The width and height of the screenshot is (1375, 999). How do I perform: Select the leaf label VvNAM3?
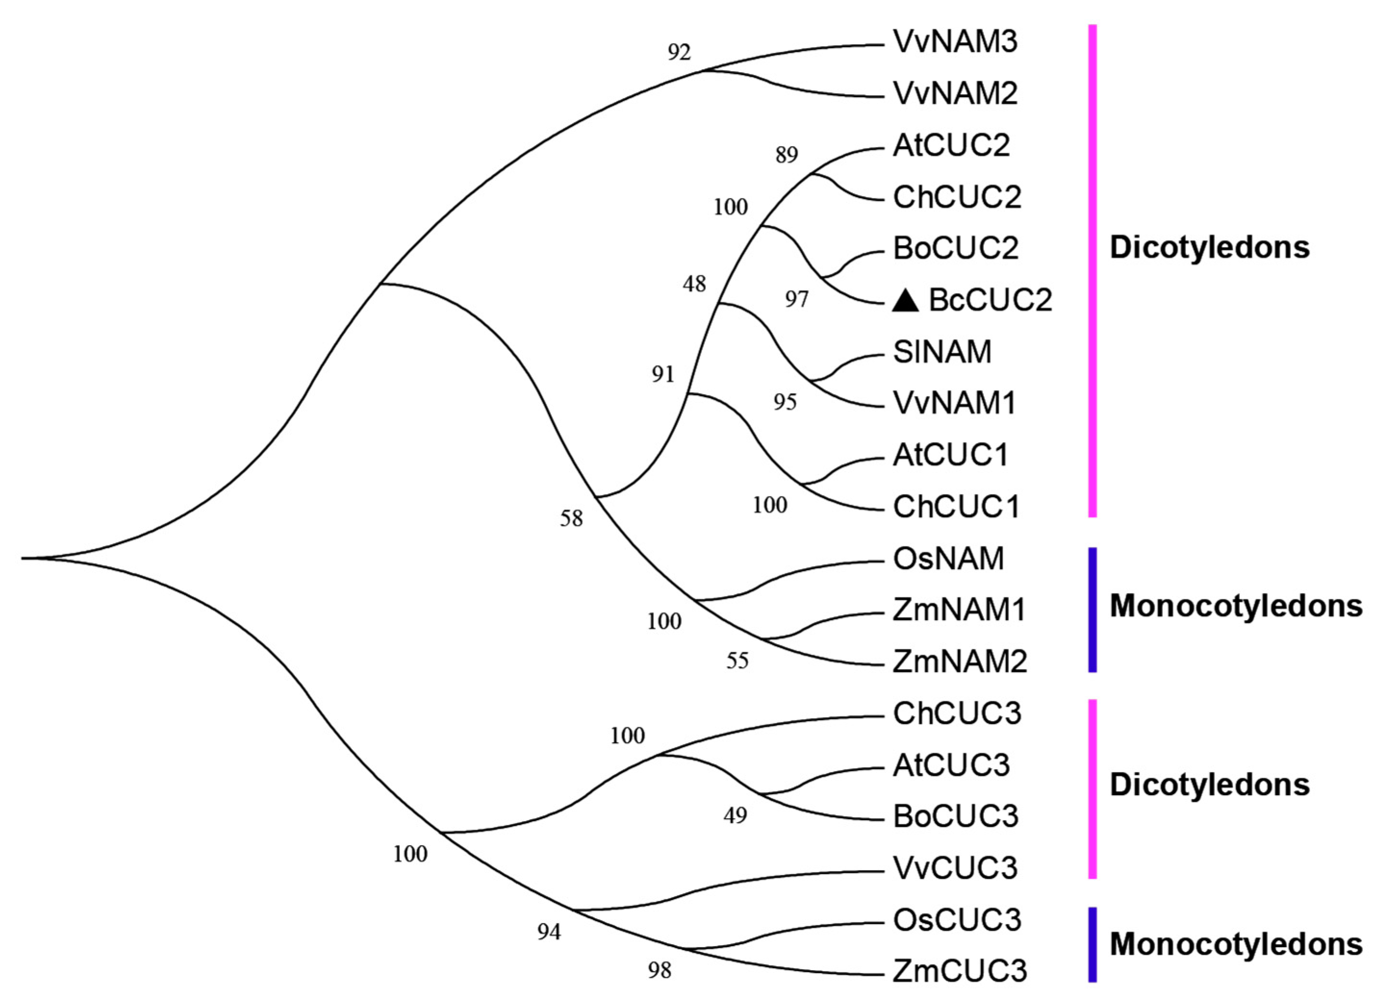pyautogui.click(x=955, y=42)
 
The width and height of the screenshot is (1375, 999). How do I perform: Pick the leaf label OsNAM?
pyautogui.click(x=948, y=558)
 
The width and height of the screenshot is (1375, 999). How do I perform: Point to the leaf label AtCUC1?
pyautogui.click(x=950, y=455)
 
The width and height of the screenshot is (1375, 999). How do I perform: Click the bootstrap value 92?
pyautogui.click(x=679, y=53)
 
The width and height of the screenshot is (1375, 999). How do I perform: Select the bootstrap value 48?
pyautogui.click(x=694, y=284)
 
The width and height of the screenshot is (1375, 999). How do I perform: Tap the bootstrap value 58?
pyautogui.click(x=571, y=518)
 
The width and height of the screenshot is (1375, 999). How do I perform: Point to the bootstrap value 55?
pyautogui.click(x=737, y=661)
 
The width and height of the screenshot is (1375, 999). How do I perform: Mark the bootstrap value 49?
pyautogui.click(x=735, y=816)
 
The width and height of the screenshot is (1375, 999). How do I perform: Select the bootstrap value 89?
pyautogui.click(x=786, y=155)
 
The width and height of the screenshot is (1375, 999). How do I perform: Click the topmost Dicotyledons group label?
pyautogui.click(x=1210, y=248)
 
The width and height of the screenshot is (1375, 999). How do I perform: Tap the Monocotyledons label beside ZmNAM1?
pyautogui.click(x=1236, y=606)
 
